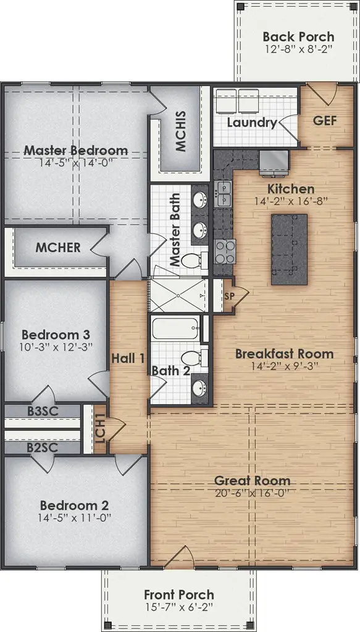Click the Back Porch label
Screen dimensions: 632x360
coord(298,36)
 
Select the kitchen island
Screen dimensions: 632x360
coord(289,249)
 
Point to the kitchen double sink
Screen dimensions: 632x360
coord(223,193)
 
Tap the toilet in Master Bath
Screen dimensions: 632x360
coord(197,260)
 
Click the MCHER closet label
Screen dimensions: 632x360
coord(57,248)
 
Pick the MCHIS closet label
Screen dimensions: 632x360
coord(181,131)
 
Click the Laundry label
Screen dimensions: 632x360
coord(251,122)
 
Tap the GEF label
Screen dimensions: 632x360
coord(325,120)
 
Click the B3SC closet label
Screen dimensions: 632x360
coord(41,411)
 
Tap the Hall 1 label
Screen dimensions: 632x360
coord(128,358)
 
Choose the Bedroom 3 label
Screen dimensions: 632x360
coord(47,335)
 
